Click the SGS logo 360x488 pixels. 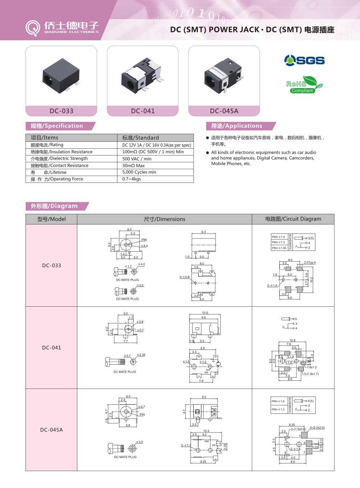(304, 60)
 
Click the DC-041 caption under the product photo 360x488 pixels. (143, 111)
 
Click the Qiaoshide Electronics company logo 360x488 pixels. (62, 28)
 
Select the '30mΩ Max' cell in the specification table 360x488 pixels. (134, 166)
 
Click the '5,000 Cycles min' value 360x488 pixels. (139, 172)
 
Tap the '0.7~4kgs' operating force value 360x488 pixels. (131, 179)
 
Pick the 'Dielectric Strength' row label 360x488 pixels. (59, 159)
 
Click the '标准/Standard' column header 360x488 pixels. (140, 138)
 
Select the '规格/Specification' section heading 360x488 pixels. (57, 126)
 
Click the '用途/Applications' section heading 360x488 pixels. (237, 126)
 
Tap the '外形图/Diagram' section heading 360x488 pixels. (54, 206)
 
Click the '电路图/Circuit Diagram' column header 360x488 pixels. (293, 219)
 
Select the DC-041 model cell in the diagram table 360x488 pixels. (52, 348)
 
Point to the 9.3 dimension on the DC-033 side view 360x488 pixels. (203, 232)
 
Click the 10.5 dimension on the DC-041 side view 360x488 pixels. (205, 313)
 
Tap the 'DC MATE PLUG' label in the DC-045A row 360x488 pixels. (125, 457)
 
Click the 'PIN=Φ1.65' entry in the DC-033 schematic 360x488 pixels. (279, 248)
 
